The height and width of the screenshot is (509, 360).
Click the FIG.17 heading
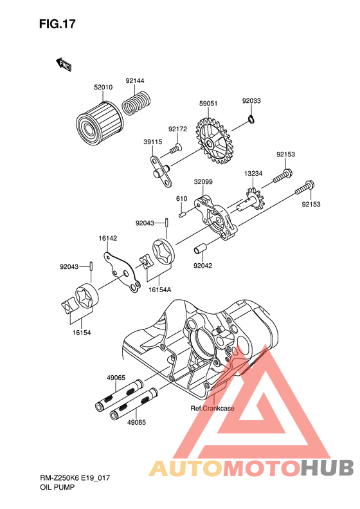pos(57,24)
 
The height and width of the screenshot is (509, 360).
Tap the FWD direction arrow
pos(64,64)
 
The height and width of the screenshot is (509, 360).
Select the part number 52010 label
pos(103,87)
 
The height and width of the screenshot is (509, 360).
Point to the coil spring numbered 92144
pos(136,102)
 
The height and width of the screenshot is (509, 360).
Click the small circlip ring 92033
pos(251,119)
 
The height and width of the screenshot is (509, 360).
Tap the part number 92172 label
pos(177,129)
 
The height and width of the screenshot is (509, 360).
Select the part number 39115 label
pos(153,142)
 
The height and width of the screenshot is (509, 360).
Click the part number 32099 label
pos(203,181)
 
